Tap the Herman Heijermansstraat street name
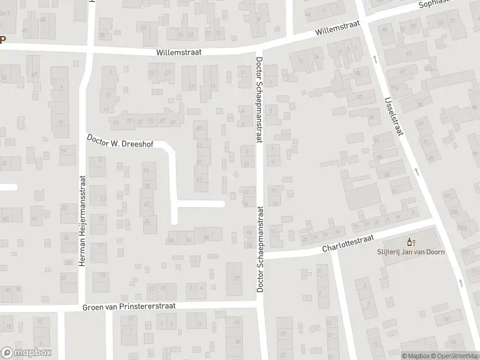(x=83, y=221)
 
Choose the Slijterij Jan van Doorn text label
(x=411, y=252)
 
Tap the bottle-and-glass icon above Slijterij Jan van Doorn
(x=411, y=242)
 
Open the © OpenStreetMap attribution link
(x=454, y=356)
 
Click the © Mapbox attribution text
(x=415, y=356)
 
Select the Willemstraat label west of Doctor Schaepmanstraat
(x=178, y=52)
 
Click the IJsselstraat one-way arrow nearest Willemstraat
(x=374, y=59)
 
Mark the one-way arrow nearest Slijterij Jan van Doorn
(x=461, y=282)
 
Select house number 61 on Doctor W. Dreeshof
(x=199, y=179)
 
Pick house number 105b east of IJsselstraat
(x=462, y=228)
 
